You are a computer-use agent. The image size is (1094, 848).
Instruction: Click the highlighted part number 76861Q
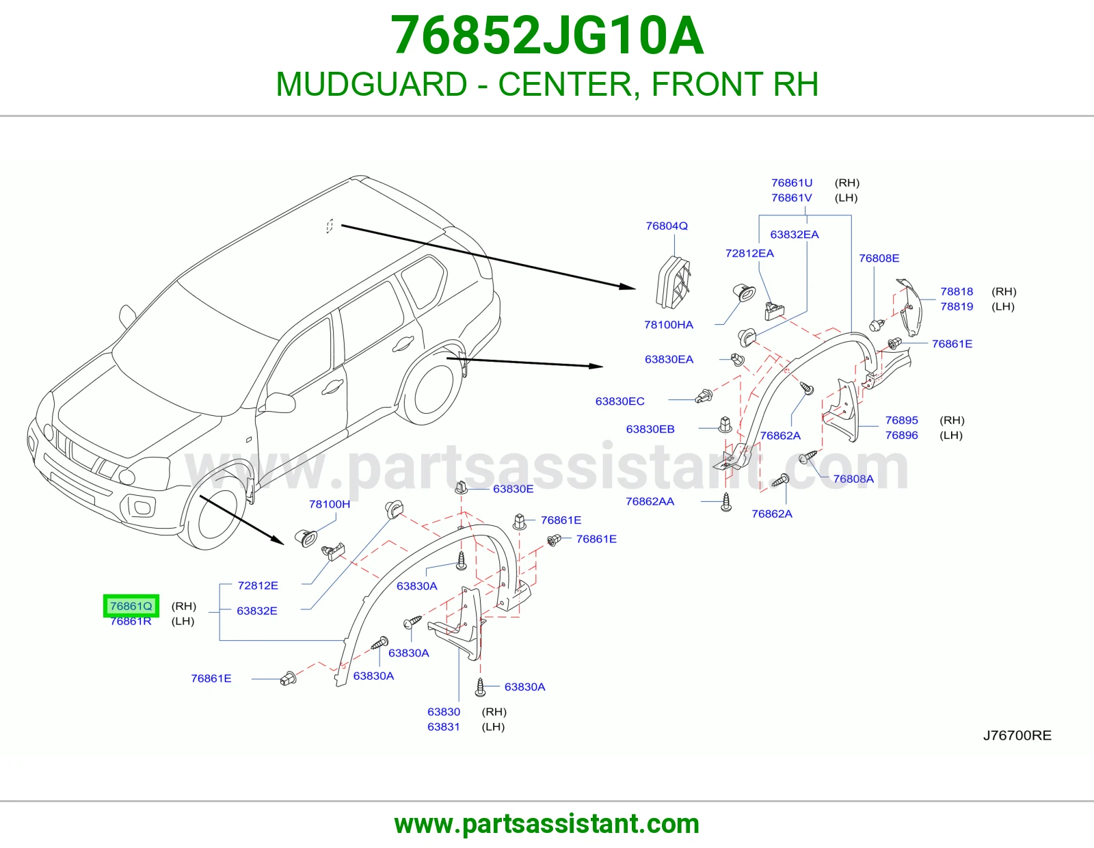click(131, 606)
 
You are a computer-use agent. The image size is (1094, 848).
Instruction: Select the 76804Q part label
click(667, 226)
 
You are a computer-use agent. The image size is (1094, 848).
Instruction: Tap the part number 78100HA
click(669, 325)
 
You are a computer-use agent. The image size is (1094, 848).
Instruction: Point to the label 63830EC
click(619, 401)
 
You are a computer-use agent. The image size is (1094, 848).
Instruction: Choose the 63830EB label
click(650, 429)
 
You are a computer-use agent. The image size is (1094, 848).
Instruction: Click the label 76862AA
click(650, 501)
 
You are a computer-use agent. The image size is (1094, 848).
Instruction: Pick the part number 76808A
click(853, 479)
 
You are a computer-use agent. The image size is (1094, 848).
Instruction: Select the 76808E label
click(879, 259)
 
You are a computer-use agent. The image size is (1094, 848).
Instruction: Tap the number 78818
click(957, 291)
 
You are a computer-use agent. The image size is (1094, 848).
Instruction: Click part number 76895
click(901, 420)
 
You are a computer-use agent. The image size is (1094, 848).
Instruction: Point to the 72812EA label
click(749, 253)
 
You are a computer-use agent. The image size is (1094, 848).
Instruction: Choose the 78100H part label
click(330, 504)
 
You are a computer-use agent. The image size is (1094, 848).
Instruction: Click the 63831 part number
click(444, 727)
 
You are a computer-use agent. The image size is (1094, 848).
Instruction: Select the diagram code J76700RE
click(1017, 736)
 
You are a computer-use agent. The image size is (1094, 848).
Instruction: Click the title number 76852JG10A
click(547, 36)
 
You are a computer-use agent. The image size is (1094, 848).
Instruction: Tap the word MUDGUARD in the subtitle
click(371, 84)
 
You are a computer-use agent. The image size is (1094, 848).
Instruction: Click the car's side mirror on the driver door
click(278, 403)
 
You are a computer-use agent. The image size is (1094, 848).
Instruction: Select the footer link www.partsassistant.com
click(547, 824)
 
